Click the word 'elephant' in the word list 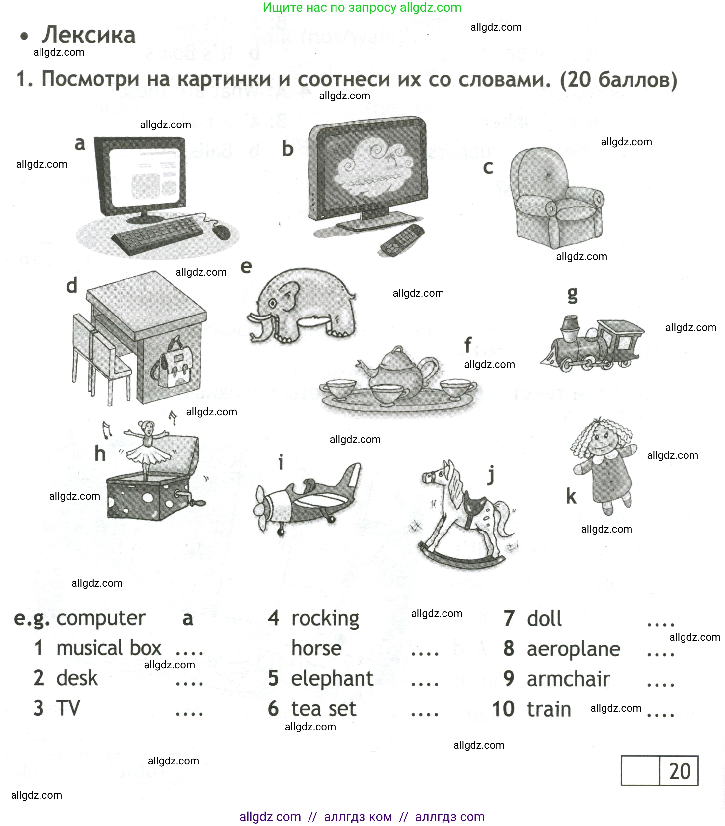click(332, 678)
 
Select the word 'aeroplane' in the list click(573, 648)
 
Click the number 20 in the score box click(679, 771)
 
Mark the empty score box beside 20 click(640, 771)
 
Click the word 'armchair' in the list click(568, 678)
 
